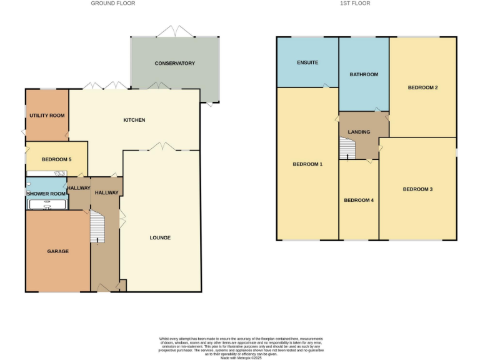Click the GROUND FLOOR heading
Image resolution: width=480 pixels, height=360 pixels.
[x=113, y=3]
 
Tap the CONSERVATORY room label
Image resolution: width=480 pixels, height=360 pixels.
[x=175, y=63]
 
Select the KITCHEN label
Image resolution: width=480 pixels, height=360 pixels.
[x=134, y=119]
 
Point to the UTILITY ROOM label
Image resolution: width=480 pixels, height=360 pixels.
[x=47, y=116]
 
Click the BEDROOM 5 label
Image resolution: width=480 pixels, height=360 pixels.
[x=56, y=159]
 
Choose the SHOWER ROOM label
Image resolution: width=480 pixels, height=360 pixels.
[x=46, y=193]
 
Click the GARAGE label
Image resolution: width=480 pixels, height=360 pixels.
[x=58, y=251]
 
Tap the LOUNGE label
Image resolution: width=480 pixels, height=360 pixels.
[x=160, y=237]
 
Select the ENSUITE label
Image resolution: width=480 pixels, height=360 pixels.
[x=307, y=62]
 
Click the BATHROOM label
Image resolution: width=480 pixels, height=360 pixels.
[x=364, y=74]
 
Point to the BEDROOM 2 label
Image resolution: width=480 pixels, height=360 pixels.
[x=422, y=87]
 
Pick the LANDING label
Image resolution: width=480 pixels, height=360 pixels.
[x=359, y=132]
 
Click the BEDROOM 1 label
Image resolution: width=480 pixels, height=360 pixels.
[x=307, y=164]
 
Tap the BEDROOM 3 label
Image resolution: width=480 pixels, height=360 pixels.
[x=417, y=189]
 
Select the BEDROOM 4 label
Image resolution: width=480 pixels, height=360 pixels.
[x=359, y=200]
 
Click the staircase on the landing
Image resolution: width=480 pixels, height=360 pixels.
[x=347, y=148]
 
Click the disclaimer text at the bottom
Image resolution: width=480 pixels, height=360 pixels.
[x=239, y=346]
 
